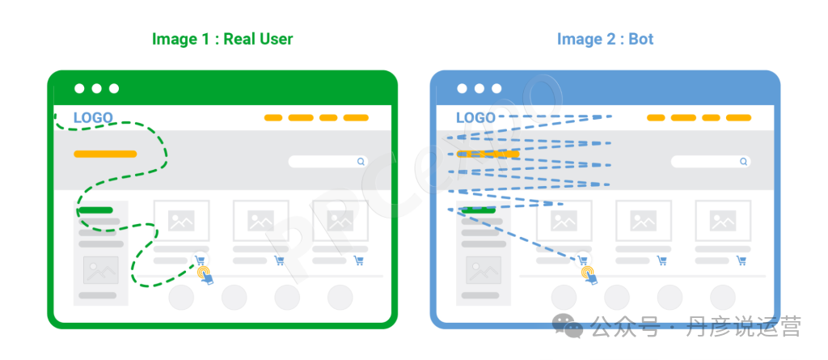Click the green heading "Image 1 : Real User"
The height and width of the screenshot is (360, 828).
[x=222, y=39]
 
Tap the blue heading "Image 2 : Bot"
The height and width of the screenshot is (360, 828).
[x=605, y=39]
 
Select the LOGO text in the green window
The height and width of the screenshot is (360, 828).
[x=93, y=118]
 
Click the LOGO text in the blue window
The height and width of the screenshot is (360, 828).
[x=475, y=118]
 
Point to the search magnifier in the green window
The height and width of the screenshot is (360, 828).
[x=361, y=161]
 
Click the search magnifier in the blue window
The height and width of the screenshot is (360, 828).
[x=744, y=161]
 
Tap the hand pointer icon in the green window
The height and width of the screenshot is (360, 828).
[x=205, y=275]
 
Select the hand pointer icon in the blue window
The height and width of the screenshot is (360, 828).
[x=589, y=275]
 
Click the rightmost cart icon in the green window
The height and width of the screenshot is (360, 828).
[x=359, y=260]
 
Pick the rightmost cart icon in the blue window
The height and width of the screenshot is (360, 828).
[x=742, y=260]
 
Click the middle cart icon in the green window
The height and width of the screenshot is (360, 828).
[x=279, y=260]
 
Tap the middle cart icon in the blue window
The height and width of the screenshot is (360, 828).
[x=662, y=260]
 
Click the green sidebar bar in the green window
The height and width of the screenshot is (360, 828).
[x=95, y=210]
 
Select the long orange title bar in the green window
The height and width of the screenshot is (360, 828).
[x=105, y=154]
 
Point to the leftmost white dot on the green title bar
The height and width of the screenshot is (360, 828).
[x=79, y=88]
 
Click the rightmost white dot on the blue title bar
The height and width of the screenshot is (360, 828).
[x=496, y=88]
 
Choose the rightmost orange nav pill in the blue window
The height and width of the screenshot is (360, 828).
[x=738, y=117]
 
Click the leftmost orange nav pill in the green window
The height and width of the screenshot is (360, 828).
[x=273, y=117]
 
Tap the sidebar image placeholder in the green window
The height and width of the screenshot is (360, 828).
[x=100, y=269]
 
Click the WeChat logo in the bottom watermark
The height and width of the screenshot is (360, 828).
[x=568, y=325]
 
